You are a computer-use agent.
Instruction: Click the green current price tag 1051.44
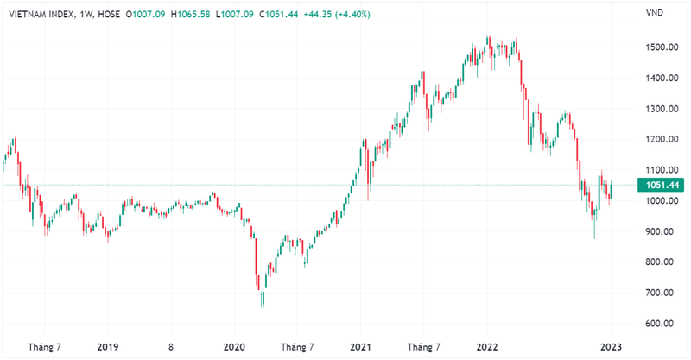(x=660, y=185)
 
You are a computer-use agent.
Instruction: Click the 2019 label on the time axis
(x=107, y=347)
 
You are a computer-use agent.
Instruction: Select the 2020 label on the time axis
(x=234, y=347)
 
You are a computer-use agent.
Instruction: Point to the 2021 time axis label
(x=361, y=347)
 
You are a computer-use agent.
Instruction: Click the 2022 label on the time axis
(x=486, y=347)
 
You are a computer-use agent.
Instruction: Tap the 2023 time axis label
(x=612, y=347)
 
